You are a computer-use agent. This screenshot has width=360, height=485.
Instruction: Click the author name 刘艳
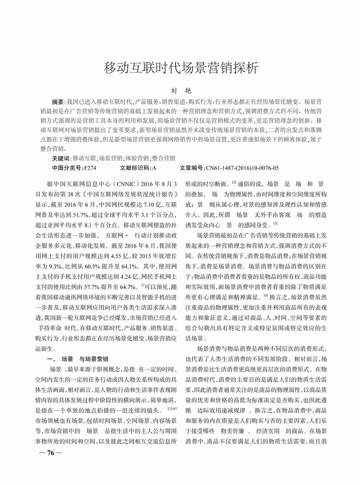180,91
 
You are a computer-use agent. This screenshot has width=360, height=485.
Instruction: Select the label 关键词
61,158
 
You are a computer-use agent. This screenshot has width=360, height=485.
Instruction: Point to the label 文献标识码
134,168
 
